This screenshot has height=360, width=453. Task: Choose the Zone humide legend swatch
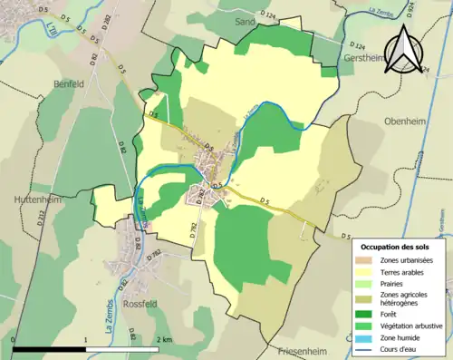[x=367, y=336]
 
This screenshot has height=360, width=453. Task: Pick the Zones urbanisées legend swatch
[x=367, y=259]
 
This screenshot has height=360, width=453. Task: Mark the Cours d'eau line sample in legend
[x=367, y=348]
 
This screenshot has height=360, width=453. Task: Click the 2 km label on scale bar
[x=163, y=338]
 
